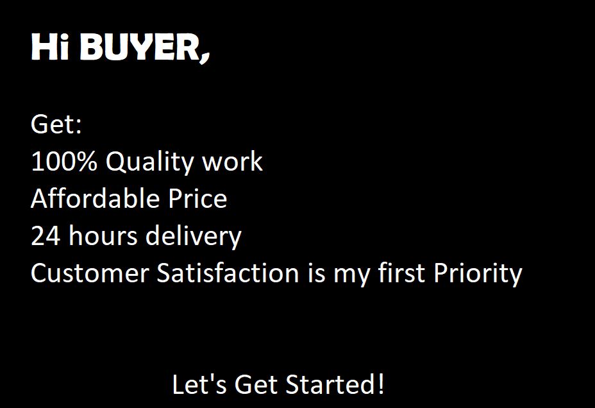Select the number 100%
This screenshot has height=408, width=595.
[64, 162]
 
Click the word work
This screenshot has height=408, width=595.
[232, 162]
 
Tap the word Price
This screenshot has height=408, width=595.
[197, 199]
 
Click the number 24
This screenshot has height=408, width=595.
[46, 236]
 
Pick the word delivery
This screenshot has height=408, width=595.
[193, 237]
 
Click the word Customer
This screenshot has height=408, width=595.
[90, 273]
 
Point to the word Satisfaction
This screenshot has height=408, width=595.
[228, 273]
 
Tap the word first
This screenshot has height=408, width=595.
[402, 273]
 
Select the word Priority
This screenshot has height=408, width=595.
[478, 274]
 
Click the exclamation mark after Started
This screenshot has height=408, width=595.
[381, 385]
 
